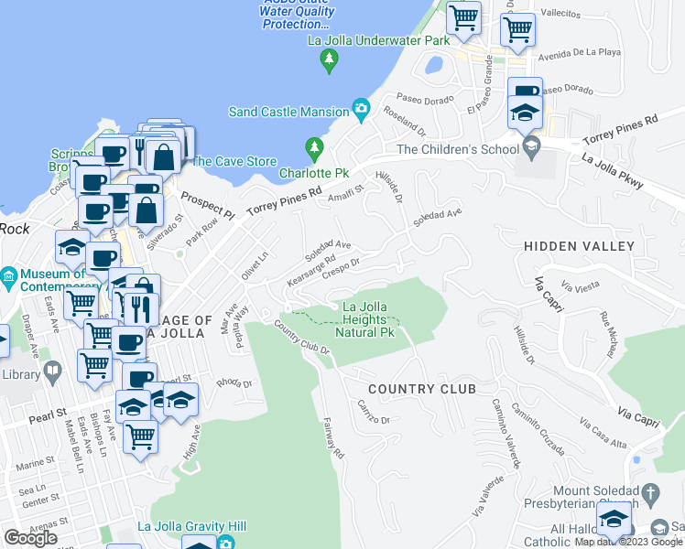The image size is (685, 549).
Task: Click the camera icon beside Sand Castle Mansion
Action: pyautogui.click(x=362, y=111)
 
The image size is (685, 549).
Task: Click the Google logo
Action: pyautogui.click(x=30, y=538)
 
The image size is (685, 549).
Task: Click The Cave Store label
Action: pyautogui.click(x=233, y=161)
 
